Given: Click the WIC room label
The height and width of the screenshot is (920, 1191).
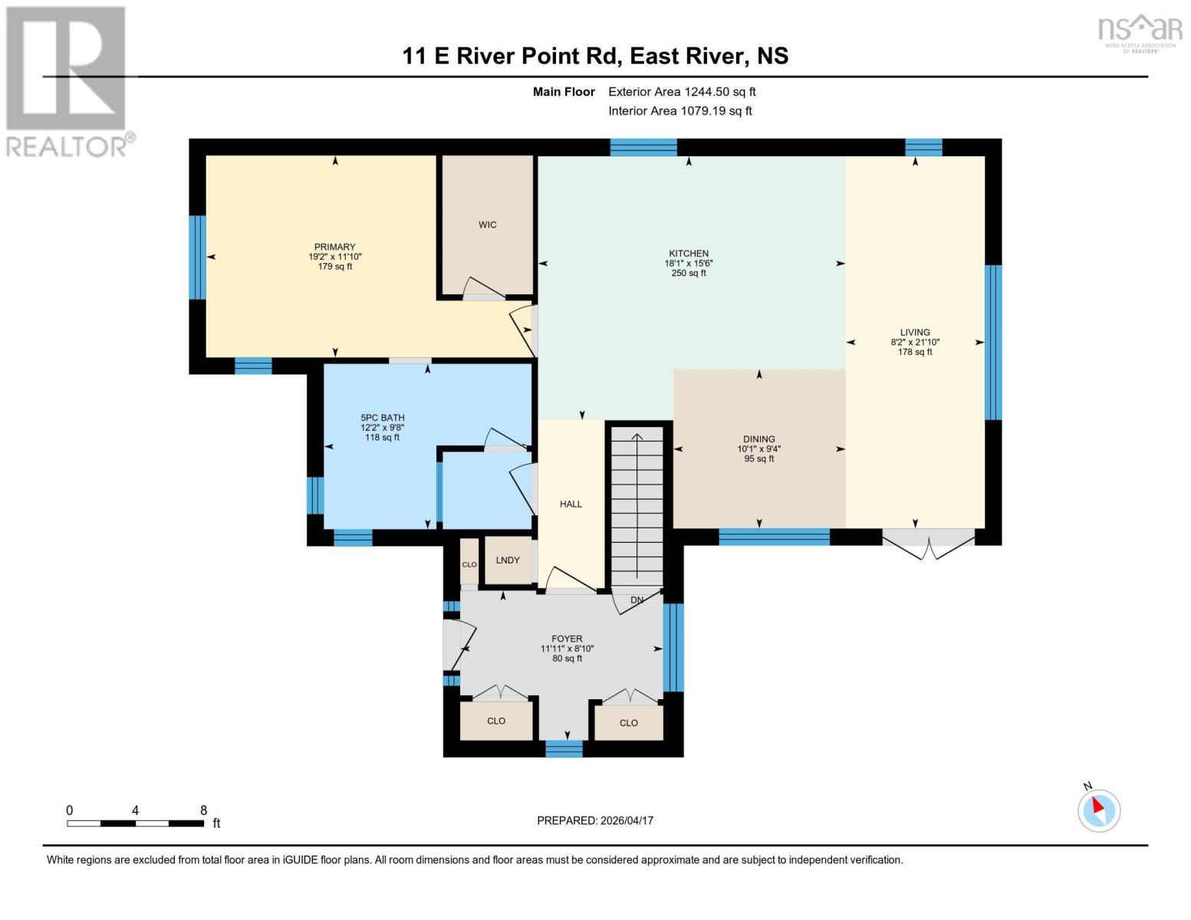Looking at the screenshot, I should pyautogui.click(x=487, y=225).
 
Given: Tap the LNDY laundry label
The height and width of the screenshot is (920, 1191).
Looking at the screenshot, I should pyautogui.click(x=508, y=560).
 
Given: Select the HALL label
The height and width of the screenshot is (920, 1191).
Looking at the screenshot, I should pyautogui.click(x=571, y=504).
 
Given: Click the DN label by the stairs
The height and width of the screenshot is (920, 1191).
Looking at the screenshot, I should pyautogui.click(x=637, y=600).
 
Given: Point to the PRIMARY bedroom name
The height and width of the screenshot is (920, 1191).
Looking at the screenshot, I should pyautogui.click(x=334, y=247).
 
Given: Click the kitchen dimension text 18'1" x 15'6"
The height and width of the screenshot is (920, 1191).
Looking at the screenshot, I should pyautogui.click(x=688, y=263).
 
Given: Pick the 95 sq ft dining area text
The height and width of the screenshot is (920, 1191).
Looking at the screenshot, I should pyautogui.click(x=758, y=459).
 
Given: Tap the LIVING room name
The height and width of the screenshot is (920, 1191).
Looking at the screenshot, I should pyautogui.click(x=915, y=333).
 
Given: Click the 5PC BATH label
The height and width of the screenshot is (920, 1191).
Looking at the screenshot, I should pyautogui.click(x=382, y=418).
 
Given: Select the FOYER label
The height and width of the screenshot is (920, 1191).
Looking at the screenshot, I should pyautogui.click(x=567, y=639).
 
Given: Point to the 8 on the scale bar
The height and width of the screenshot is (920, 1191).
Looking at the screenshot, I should pyautogui.click(x=203, y=810).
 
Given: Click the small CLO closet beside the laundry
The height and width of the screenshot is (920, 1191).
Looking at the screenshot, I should pyautogui.click(x=469, y=563).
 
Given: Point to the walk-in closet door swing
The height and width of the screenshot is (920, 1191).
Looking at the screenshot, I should pyautogui.click(x=483, y=287).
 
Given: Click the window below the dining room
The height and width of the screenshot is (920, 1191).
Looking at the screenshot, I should pyautogui.click(x=774, y=537).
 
